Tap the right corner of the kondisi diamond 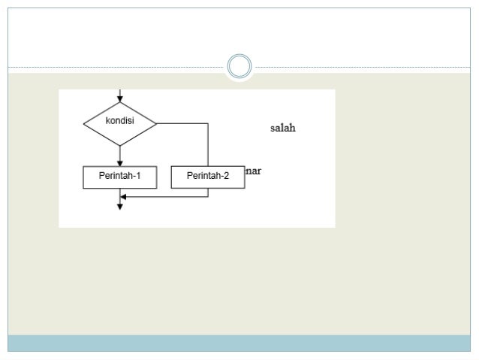tap(156, 123)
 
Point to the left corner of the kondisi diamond tap(84, 123)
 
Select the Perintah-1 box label tap(119, 177)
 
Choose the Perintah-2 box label tap(208, 177)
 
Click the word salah tap(282, 128)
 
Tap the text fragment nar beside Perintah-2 tap(254, 171)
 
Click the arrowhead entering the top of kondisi tap(120, 98)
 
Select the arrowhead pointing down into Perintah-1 tap(120, 162)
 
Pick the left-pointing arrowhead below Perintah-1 tap(124, 197)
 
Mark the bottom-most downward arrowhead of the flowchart tap(120, 207)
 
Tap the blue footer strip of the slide tap(239, 343)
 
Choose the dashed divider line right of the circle tap(360, 68)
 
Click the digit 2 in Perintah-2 tap(227, 177)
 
